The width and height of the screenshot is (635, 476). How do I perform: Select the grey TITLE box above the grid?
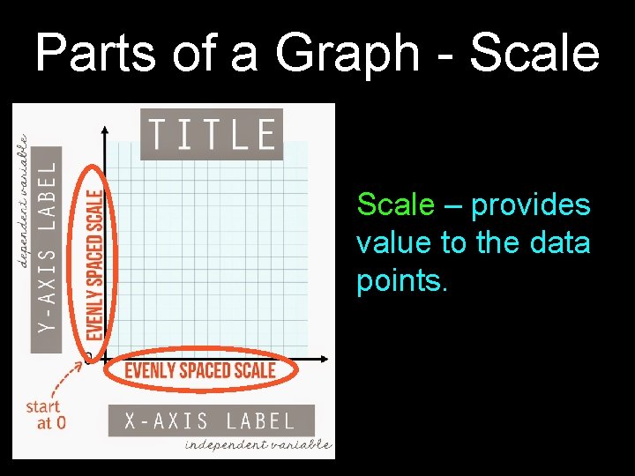[x=212, y=135]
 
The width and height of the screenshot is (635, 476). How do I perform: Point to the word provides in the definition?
[x=531, y=205]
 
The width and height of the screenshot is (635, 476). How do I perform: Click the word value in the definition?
[x=393, y=243]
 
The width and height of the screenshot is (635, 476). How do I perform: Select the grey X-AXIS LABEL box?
[x=211, y=420]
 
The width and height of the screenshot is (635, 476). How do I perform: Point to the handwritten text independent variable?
[x=258, y=445]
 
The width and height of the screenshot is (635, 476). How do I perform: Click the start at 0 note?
[x=44, y=414]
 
